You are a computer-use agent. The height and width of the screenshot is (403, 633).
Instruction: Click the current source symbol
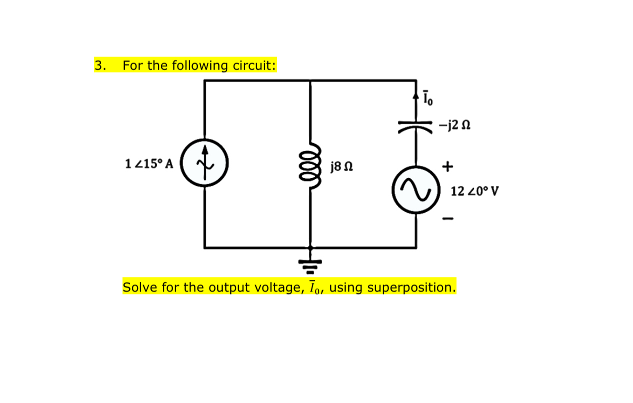click(204, 163)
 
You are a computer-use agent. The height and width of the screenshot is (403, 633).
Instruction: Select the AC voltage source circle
click(416, 190)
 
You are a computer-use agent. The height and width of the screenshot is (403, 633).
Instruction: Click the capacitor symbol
click(416, 125)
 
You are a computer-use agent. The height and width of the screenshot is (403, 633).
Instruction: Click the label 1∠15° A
click(148, 163)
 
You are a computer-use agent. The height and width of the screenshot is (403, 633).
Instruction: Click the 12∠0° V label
click(474, 191)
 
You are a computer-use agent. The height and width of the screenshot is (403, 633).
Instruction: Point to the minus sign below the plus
click(447, 218)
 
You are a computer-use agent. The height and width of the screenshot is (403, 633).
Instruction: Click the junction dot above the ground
click(310, 247)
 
